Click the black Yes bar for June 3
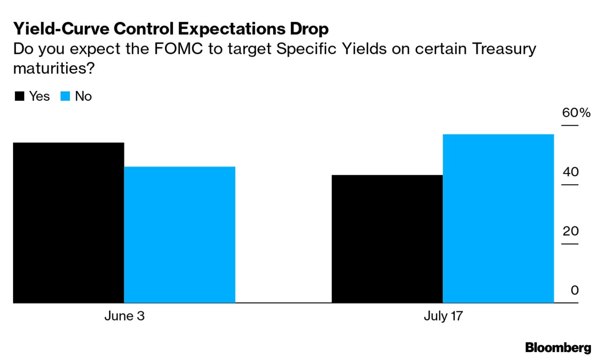coord(68,223)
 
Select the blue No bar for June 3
coord(179,234)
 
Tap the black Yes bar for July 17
coord(387,239)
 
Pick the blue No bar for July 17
coord(498,218)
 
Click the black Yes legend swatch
coord(20,97)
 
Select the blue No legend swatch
coord(65,97)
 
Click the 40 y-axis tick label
coord(571,172)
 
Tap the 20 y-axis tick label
coord(571,231)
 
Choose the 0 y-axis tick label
coord(574,290)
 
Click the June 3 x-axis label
coord(124,316)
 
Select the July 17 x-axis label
coord(443,316)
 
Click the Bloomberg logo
coord(558,348)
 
